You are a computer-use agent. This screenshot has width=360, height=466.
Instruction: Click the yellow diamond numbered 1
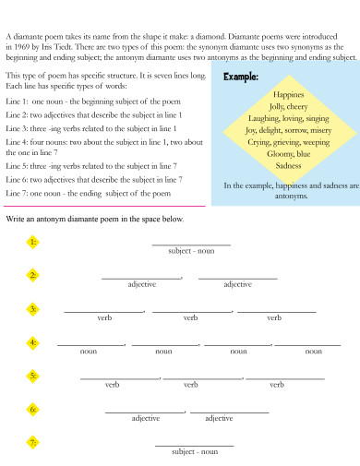click(x=32, y=243)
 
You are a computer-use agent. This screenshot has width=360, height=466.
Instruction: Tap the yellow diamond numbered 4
click(x=32, y=343)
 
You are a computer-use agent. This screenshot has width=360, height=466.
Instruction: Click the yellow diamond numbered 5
click(x=32, y=376)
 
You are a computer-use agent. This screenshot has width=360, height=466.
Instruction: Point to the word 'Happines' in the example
click(x=289, y=95)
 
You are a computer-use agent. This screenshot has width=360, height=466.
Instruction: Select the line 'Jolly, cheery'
click(x=289, y=107)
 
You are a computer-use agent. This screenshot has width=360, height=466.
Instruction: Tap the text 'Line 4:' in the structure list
click(x=18, y=141)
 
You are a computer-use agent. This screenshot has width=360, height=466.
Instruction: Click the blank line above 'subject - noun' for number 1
click(x=190, y=244)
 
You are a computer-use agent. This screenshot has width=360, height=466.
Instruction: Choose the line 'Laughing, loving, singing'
click(x=289, y=119)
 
